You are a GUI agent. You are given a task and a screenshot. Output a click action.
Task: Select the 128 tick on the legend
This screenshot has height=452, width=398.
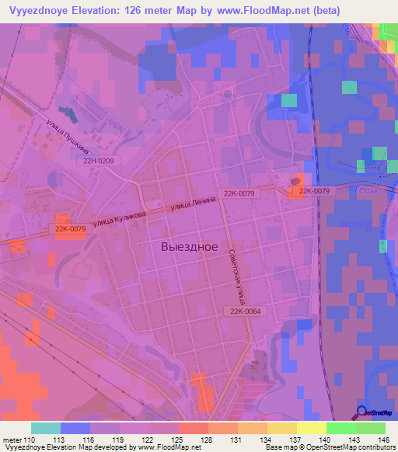tap(208, 440)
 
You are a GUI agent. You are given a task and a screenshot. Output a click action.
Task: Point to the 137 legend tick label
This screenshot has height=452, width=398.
tap(296, 440)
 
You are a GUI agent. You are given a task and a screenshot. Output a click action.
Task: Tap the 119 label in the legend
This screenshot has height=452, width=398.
tap(119, 440)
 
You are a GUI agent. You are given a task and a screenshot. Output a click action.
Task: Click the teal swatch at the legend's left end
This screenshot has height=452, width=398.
tap(45, 428)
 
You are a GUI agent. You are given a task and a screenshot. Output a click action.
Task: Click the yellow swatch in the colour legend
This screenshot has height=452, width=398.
tap(311, 428)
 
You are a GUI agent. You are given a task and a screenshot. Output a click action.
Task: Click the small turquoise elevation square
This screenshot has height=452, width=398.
tap(288, 100)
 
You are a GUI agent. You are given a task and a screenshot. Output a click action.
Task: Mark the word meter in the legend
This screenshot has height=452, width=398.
tap(12, 440)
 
